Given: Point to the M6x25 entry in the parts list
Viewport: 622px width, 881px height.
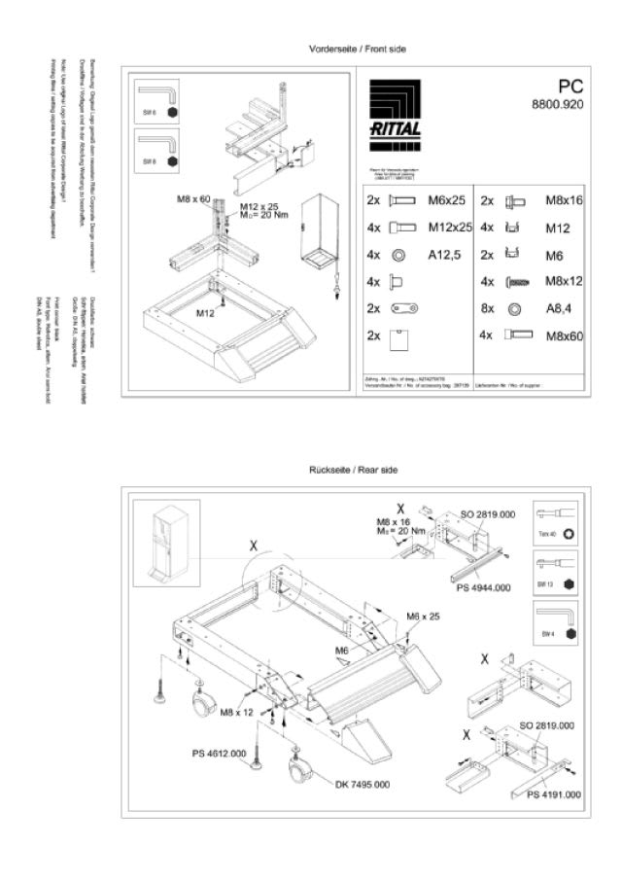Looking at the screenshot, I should (446, 202).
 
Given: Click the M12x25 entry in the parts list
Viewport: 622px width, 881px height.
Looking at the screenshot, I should (449, 227).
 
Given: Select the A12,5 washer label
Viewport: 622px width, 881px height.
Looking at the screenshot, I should (443, 254).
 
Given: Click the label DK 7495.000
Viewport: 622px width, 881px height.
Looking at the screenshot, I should (363, 784).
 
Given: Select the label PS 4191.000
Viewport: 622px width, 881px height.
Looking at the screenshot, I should (554, 794).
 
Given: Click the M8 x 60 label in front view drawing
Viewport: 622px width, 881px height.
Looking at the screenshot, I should (193, 199).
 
